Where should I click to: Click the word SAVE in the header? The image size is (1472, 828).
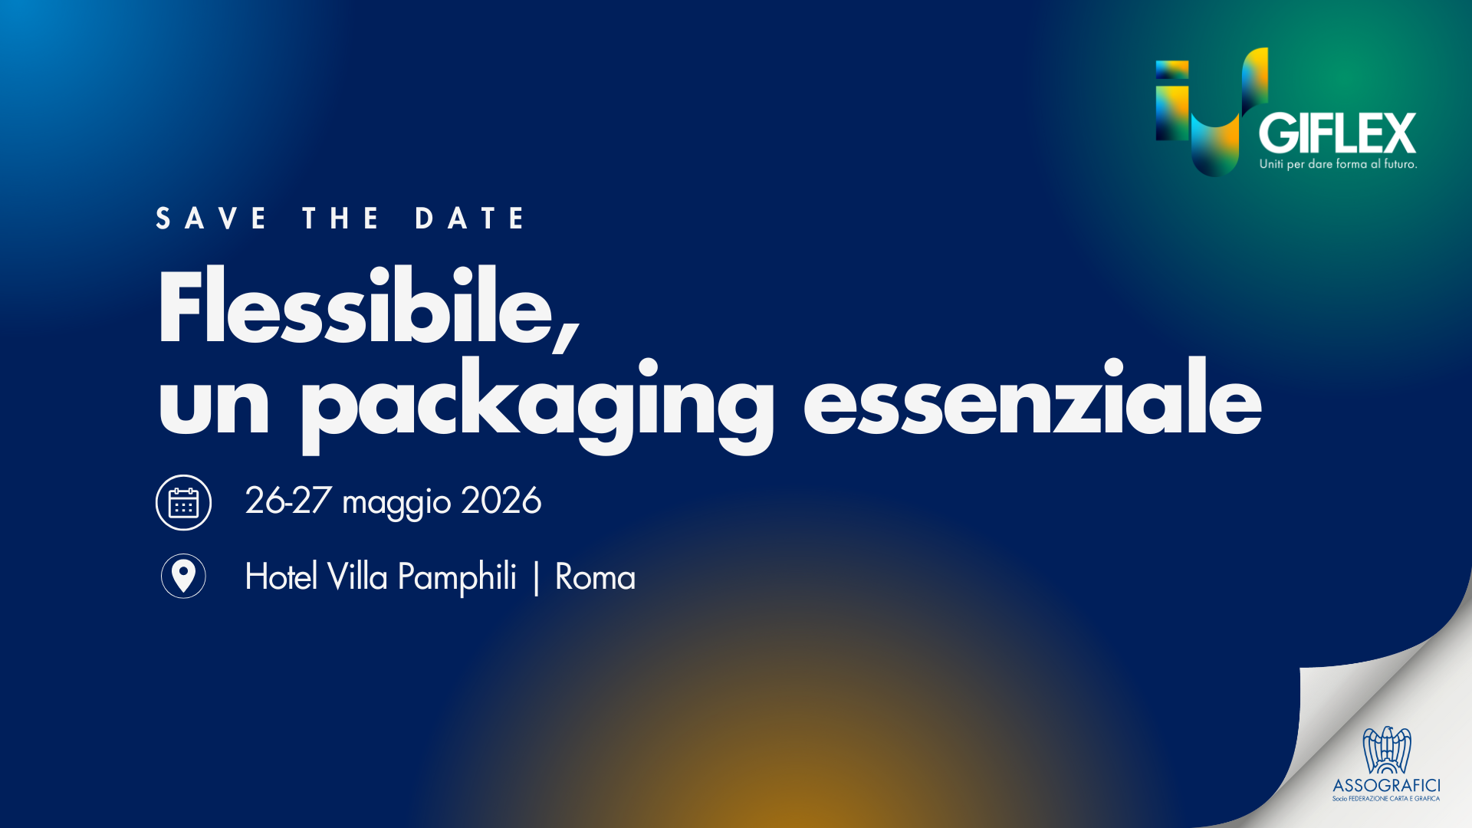(211, 219)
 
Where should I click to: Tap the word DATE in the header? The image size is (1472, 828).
(470, 219)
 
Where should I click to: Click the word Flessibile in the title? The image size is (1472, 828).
(368, 307)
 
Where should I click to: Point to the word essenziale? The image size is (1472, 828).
(1032, 396)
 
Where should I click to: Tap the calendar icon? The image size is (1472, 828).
(183, 503)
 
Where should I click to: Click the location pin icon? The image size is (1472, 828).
(183, 576)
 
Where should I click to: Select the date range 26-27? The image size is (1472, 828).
(287, 501)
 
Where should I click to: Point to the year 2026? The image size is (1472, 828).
(501, 501)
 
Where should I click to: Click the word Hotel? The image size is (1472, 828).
(281, 577)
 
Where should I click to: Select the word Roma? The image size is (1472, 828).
(595, 577)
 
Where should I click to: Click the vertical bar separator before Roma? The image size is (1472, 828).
(536, 578)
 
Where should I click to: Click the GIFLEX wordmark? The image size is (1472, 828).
(1337, 134)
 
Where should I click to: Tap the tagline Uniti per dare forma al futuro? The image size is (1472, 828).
(1338, 164)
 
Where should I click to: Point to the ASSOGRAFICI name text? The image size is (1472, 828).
(1386, 786)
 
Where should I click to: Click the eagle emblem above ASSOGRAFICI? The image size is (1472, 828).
(1386, 751)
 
